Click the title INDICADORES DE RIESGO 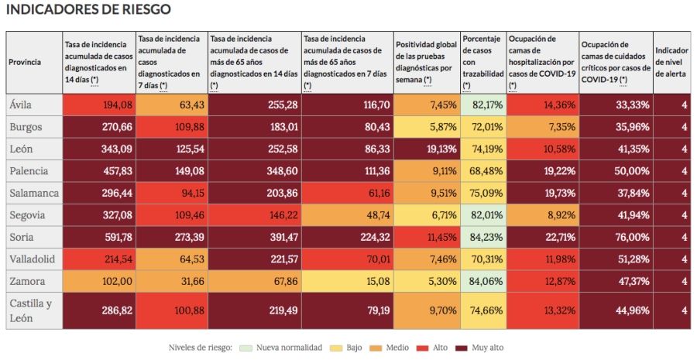tap(88, 10)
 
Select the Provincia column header tap(25, 63)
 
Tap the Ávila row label tap(22, 105)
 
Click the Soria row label tap(22, 237)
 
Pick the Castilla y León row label tap(31, 310)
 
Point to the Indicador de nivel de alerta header tap(671, 63)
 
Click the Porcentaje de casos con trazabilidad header tap(482, 63)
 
